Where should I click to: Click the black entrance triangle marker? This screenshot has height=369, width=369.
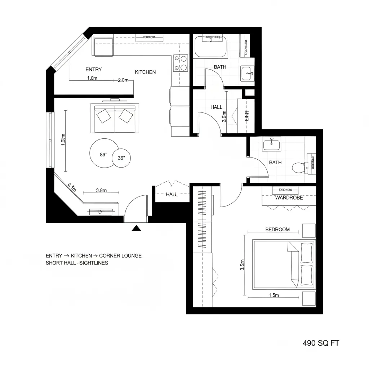point(136,228)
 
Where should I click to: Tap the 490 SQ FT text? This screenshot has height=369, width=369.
point(321,343)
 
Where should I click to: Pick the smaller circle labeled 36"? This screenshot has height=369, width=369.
point(121,158)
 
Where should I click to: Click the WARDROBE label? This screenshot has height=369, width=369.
point(289,197)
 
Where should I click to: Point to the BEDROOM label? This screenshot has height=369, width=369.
point(277,230)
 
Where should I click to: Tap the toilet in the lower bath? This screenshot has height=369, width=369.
point(299,167)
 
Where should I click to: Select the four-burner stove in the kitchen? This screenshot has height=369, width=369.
point(181,63)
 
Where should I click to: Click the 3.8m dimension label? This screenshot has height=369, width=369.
point(101,190)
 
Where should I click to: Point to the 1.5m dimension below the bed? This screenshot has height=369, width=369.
point(274,295)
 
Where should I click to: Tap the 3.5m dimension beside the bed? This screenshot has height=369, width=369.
point(242,265)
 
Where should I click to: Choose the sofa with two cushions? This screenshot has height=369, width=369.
point(115,118)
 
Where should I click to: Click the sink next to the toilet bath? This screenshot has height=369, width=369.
point(272,145)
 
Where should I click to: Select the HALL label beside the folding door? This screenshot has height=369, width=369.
point(172,194)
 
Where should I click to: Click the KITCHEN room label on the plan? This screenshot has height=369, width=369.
point(145,72)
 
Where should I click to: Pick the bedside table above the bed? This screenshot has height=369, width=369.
point(309,231)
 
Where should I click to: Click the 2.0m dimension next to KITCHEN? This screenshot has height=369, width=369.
point(123,80)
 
